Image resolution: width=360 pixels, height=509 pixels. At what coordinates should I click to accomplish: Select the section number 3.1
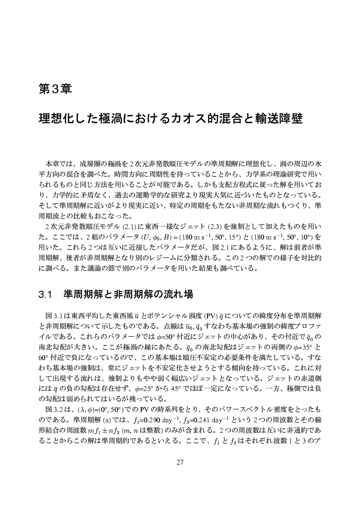[x=45, y=295]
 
